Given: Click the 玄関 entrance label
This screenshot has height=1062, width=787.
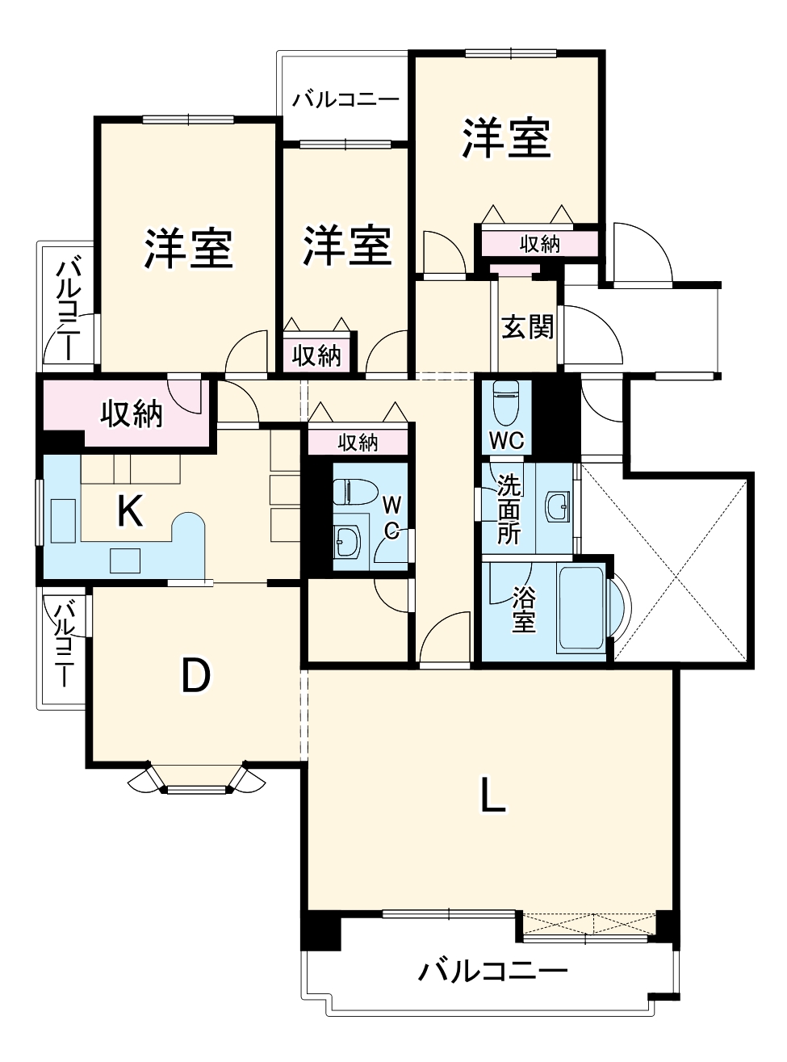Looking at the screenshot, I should (x=527, y=326).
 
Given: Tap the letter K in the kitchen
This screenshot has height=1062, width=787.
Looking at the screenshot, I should (x=130, y=511).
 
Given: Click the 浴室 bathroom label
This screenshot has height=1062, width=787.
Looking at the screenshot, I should (x=524, y=609).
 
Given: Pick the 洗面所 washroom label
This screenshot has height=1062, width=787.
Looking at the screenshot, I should (x=509, y=510).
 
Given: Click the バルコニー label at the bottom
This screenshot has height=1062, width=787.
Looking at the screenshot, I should (x=492, y=970).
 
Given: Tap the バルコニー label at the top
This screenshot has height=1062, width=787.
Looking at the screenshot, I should (x=345, y=100).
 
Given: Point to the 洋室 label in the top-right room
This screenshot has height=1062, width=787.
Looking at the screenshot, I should (x=506, y=138).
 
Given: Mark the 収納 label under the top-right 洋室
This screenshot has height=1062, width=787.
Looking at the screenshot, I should (x=539, y=243).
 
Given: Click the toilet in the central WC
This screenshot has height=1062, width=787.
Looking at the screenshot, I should (x=355, y=491).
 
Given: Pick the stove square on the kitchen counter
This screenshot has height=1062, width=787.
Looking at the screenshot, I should (x=124, y=558).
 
